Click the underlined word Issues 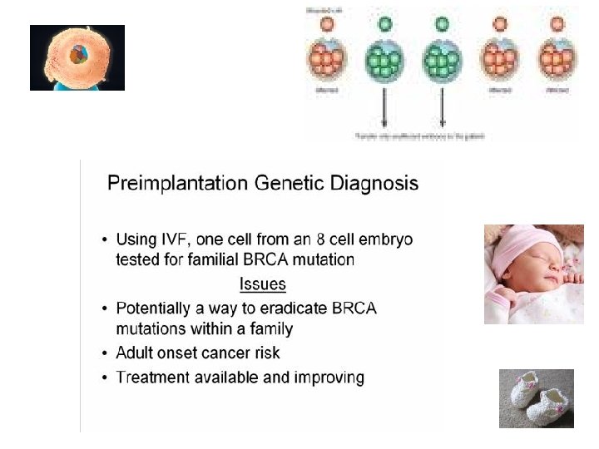click(263, 284)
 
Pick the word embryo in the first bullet click(386, 239)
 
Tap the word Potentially click(159, 308)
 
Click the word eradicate click(303, 308)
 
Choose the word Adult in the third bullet click(136, 352)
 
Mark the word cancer click(236, 352)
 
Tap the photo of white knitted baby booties click(536, 397)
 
